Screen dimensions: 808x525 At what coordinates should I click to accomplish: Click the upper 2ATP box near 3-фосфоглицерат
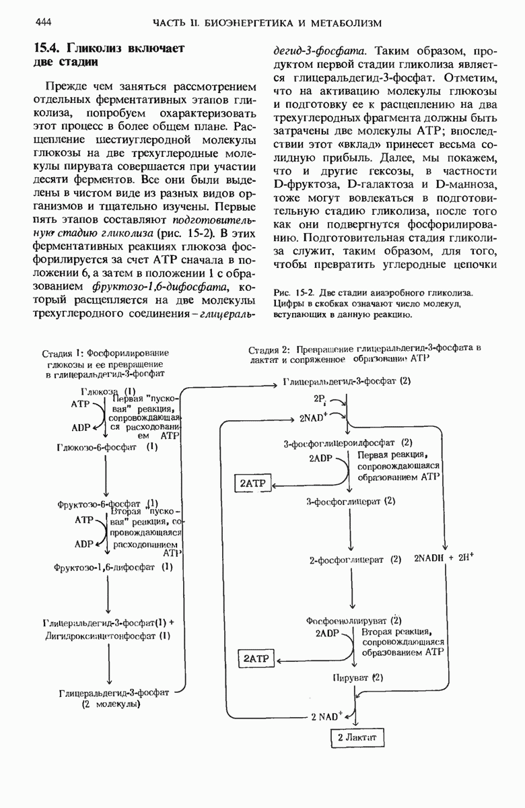click(x=252, y=483)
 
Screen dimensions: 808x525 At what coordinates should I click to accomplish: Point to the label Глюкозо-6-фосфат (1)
click(x=107, y=446)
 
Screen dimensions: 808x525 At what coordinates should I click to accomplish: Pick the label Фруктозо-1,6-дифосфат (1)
click(x=114, y=567)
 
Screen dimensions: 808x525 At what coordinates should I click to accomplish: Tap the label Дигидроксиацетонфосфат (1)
click(x=108, y=634)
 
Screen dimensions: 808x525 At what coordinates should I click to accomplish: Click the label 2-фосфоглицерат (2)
click(x=355, y=559)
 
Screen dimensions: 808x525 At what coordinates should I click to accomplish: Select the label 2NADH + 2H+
click(x=444, y=558)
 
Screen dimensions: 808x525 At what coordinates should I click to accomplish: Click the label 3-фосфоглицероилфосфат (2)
click(x=347, y=442)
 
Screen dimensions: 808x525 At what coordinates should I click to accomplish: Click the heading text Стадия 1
click(x=61, y=353)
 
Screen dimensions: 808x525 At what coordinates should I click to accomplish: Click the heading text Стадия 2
click(x=269, y=349)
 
